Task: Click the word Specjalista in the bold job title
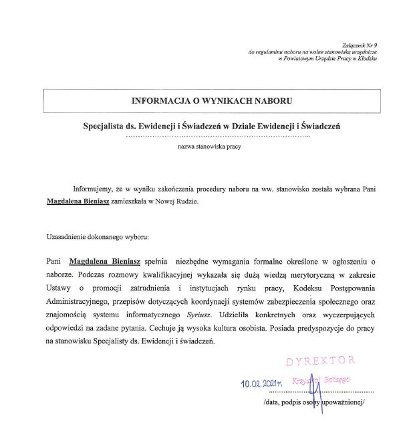tap(106, 125)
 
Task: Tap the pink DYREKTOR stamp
tap(319, 362)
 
